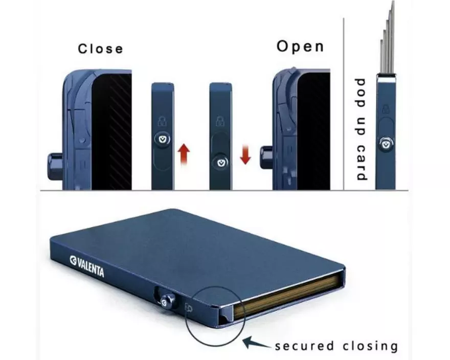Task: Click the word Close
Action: pos(100,49)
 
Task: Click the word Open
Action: pos(300,47)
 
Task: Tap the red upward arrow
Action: pos(185,153)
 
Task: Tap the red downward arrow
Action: pos(245,153)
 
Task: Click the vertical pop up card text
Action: pos(361,129)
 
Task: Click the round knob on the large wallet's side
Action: pos(166,303)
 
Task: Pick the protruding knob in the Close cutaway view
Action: pos(53,164)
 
